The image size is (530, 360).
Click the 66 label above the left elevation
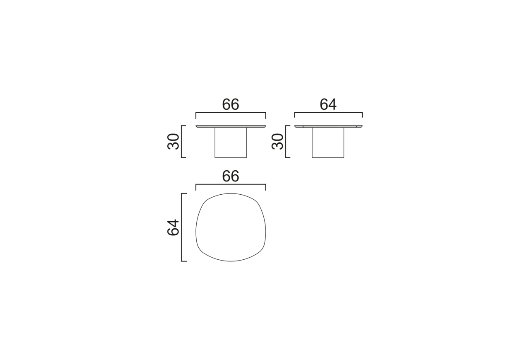(231, 104)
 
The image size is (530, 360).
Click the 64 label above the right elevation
(328, 104)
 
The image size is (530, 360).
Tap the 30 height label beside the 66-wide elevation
(173, 142)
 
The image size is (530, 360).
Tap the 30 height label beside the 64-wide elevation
(277, 142)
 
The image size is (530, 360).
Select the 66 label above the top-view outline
(231, 176)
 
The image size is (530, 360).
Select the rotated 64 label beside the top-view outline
(173, 228)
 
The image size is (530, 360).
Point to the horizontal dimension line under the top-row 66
(231, 113)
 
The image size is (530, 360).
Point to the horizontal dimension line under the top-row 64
(328, 113)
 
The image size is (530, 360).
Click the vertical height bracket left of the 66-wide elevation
(181, 142)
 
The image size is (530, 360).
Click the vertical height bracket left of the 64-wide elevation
(286, 142)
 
